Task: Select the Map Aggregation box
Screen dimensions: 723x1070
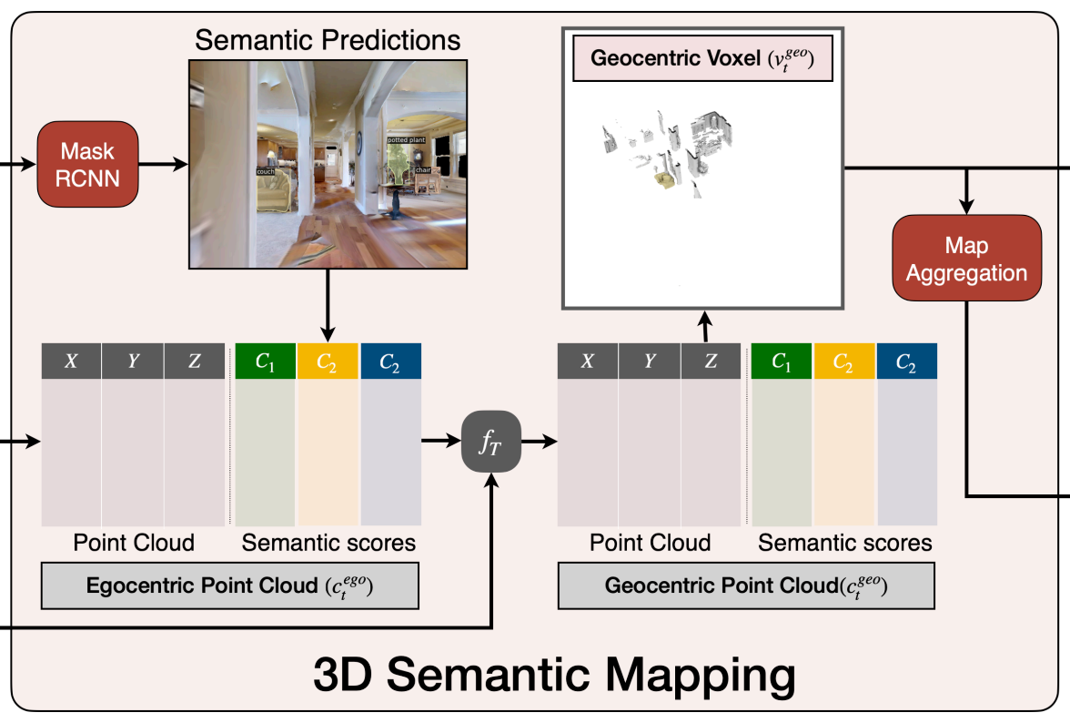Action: pos(966,259)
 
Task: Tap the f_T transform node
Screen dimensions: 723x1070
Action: pos(490,441)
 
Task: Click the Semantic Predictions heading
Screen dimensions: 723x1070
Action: pos(328,41)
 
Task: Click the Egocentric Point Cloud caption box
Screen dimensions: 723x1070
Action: pos(229,586)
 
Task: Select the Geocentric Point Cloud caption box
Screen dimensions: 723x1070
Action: pos(746,586)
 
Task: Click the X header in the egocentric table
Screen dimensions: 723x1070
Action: pos(71,361)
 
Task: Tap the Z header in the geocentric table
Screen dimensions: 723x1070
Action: pos(711,361)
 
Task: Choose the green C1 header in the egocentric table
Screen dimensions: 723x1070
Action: pos(266,361)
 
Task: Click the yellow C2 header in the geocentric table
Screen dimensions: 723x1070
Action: pos(844,361)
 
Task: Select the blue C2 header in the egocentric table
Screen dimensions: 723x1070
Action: pos(391,361)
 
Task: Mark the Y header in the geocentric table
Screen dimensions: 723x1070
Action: pos(650,361)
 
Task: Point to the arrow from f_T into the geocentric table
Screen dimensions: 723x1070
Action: pos(537,442)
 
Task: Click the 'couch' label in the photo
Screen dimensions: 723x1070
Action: pos(266,170)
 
